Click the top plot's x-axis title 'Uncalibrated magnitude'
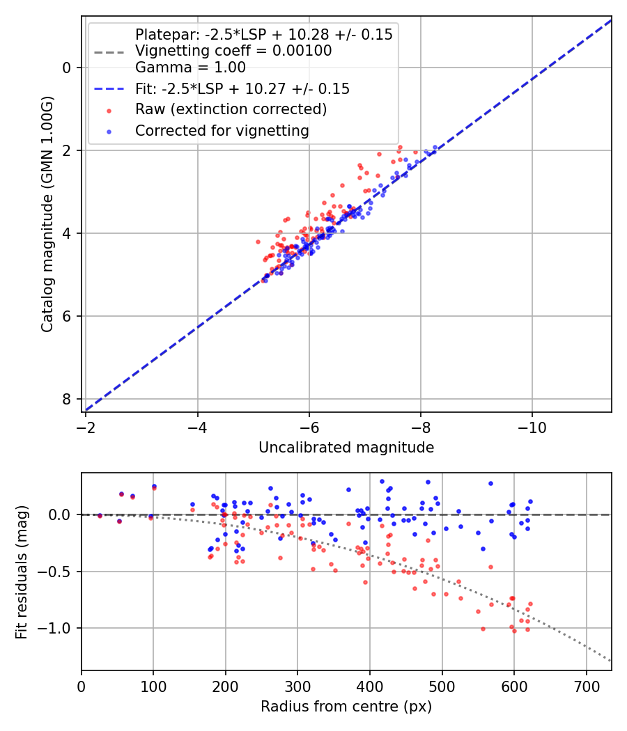(346, 448)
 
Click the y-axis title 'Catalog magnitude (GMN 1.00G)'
(47, 214)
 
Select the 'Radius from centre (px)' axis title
(346, 707)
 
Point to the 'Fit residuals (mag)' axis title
(22, 572)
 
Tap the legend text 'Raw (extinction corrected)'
(231, 109)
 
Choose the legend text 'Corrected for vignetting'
(222, 131)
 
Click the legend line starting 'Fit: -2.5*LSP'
(242, 88)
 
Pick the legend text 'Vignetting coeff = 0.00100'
(233, 51)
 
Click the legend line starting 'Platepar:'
(263, 34)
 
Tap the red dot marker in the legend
(109, 110)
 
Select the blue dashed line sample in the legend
(109, 88)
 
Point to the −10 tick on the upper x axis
(532, 425)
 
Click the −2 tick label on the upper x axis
(86, 425)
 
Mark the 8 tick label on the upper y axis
(66, 399)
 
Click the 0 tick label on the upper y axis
(66, 68)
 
